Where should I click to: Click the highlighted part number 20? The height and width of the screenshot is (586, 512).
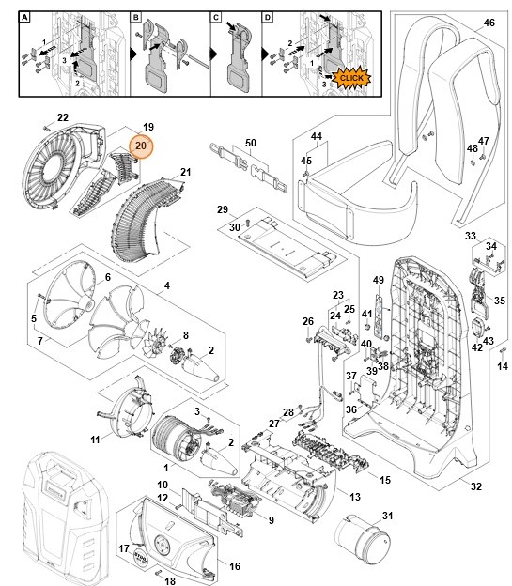click(x=141, y=146)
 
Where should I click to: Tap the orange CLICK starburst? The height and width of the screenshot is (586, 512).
click(x=351, y=78)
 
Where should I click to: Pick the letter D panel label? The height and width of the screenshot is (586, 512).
click(x=268, y=18)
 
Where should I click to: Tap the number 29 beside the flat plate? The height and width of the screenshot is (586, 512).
click(x=223, y=208)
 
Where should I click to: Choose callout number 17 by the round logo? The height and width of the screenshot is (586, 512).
click(x=123, y=548)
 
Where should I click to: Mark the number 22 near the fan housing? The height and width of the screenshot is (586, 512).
click(x=62, y=117)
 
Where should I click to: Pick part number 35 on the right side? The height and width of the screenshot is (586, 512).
click(x=500, y=301)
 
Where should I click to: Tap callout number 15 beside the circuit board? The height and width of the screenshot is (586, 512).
click(x=384, y=480)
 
